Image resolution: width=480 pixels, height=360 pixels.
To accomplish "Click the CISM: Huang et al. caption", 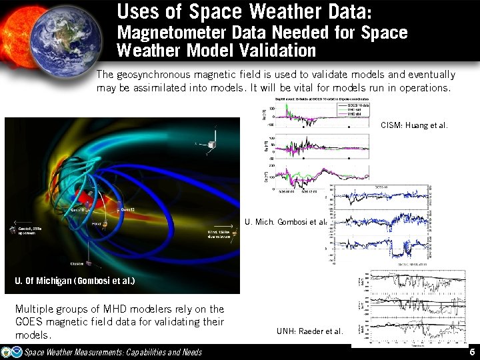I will point(414,125).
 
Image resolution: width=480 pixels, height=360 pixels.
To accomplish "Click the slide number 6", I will point(471,352).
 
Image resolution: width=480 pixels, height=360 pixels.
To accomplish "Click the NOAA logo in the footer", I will point(7,352).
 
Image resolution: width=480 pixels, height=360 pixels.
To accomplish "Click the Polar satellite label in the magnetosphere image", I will point(96,224).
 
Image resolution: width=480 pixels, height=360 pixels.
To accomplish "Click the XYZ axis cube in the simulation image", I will point(212,143).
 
